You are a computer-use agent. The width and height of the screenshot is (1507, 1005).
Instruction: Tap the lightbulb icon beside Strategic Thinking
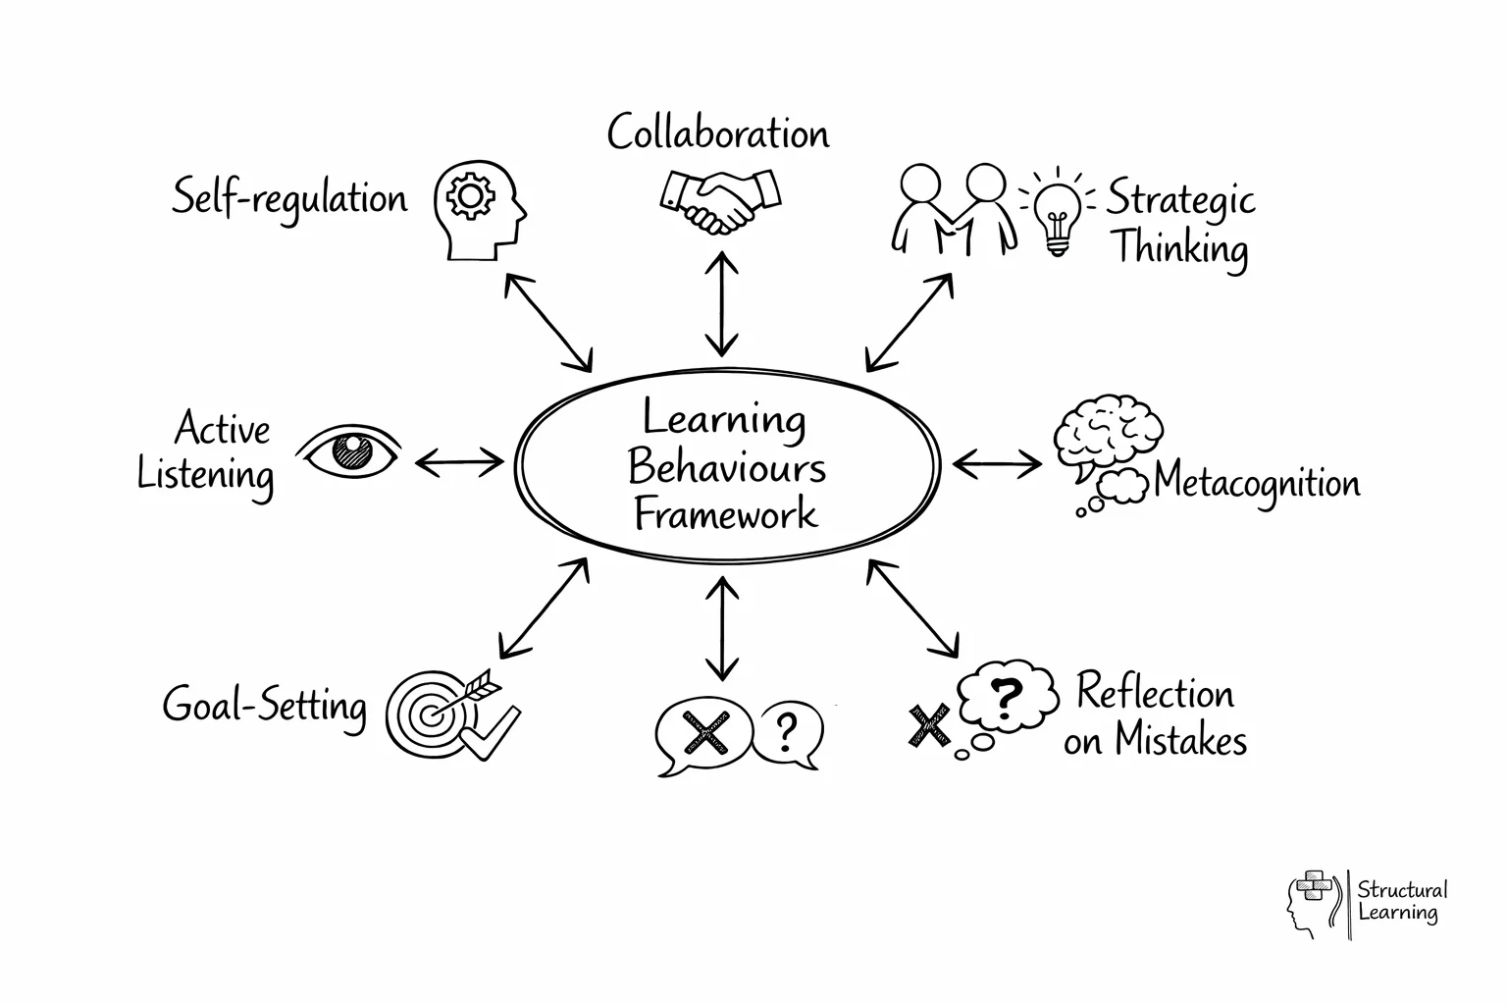pyautogui.click(x=1056, y=216)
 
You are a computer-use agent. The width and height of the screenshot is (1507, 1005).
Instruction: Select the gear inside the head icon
pyautogui.click(x=471, y=196)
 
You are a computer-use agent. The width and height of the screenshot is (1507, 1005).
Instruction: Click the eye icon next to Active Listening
pyautogui.click(x=349, y=452)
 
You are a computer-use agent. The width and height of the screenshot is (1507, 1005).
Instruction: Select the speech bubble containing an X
pyautogui.click(x=702, y=734)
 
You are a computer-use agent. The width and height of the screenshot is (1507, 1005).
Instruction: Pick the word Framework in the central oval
pyautogui.click(x=725, y=514)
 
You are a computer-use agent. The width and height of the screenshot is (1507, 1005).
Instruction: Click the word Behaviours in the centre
pyautogui.click(x=726, y=467)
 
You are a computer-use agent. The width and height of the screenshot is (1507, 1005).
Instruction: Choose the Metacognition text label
pyautogui.click(x=1257, y=483)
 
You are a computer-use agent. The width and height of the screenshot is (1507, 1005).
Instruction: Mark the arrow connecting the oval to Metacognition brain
pyautogui.click(x=997, y=463)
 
